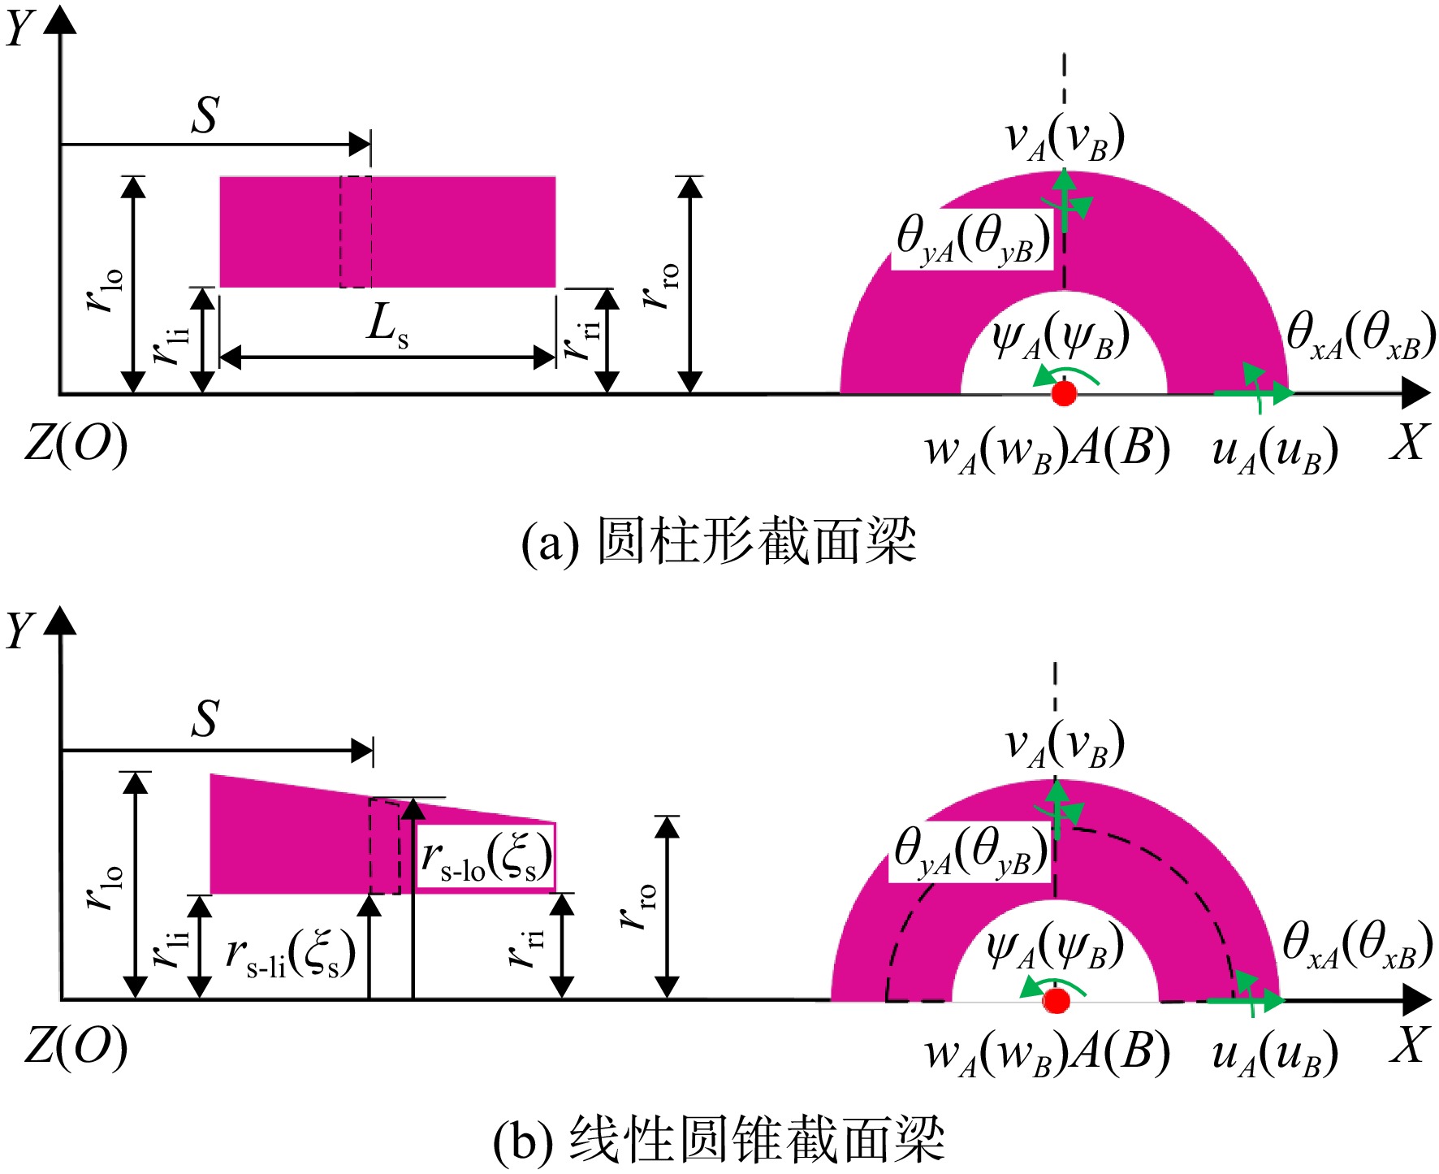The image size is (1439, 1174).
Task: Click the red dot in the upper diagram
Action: pos(1064,393)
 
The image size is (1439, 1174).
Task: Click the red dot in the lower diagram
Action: pos(1056,1000)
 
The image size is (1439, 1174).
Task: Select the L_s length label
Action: pos(387,326)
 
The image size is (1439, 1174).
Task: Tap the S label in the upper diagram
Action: pos(205,115)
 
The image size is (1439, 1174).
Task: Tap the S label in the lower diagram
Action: pos(205,719)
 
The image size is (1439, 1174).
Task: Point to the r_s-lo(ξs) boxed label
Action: pos(486,858)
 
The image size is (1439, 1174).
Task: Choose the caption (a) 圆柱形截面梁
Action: pos(719,542)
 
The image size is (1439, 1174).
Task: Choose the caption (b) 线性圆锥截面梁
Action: pos(719,1140)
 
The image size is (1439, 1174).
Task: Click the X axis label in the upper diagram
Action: pos(1408,444)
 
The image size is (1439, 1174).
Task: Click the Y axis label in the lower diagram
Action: pos(19,630)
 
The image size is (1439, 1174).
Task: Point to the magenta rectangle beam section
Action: pos(387,232)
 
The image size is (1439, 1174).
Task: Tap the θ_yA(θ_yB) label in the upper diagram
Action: pos(972,240)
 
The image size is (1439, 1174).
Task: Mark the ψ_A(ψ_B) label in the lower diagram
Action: pos(1055,947)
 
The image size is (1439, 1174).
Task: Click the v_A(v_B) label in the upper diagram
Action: pos(1065,137)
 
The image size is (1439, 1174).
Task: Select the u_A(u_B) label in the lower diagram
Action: pos(1274,1054)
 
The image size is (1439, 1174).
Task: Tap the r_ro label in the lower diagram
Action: pos(639,907)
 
